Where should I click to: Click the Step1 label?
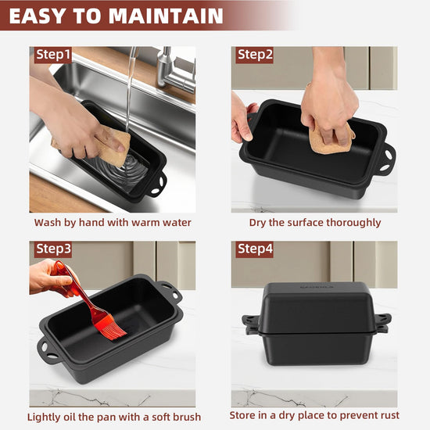point(53,55)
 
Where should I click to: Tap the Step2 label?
point(255,55)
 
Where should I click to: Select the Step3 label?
point(53,249)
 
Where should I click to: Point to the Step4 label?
point(255,249)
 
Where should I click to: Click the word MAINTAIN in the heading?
point(166,16)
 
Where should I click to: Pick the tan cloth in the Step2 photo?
point(331,138)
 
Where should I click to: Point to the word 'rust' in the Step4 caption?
point(389,415)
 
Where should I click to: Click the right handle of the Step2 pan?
point(388,159)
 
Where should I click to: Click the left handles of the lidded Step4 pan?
point(251,324)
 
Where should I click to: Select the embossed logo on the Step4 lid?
point(317,287)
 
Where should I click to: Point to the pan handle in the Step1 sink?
point(159,185)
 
